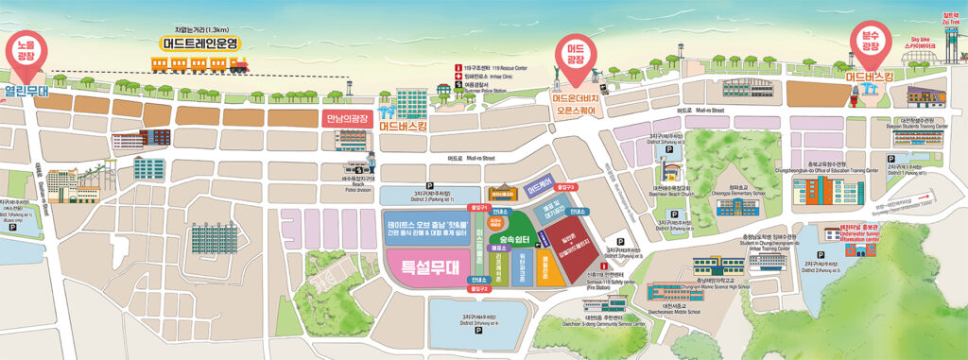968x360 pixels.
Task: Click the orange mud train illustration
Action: coord(200,63)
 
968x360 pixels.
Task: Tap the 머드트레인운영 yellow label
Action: coord(200,43)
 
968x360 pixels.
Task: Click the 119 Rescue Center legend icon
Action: coord(458,68)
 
